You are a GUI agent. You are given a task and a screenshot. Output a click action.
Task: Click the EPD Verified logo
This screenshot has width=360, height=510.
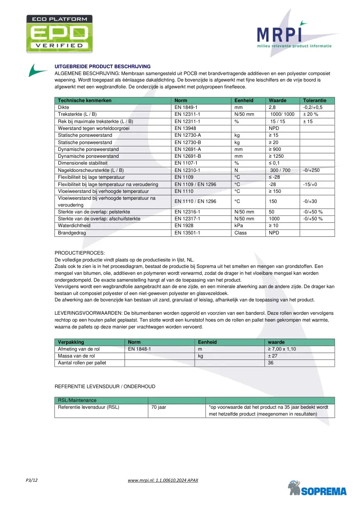pyautogui.click(x=59, y=34)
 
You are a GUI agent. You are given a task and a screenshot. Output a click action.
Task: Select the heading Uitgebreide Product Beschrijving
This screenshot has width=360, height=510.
pyautogui.click(x=102, y=67)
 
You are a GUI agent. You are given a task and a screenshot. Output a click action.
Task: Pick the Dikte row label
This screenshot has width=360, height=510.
pyautogui.click(x=64, y=108)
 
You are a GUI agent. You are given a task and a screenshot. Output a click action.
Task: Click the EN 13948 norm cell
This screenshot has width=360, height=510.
pyautogui.click(x=186, y=128)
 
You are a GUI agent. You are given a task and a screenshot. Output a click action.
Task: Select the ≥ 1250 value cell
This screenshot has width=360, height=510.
pyautogui.click(x=276, y=156)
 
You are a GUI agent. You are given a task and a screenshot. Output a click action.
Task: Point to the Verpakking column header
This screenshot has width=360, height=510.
pyautogui.click(x=71, y=342)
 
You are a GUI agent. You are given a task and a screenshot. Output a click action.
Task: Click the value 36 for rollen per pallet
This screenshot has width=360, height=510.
pyautogui.click(x=271, y=363)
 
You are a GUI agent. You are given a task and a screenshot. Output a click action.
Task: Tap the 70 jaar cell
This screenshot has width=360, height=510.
pyautogui.click(x=158, y=407)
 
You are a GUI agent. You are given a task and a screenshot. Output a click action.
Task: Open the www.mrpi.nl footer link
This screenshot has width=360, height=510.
pyautogui.click(x=163, y=480)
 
